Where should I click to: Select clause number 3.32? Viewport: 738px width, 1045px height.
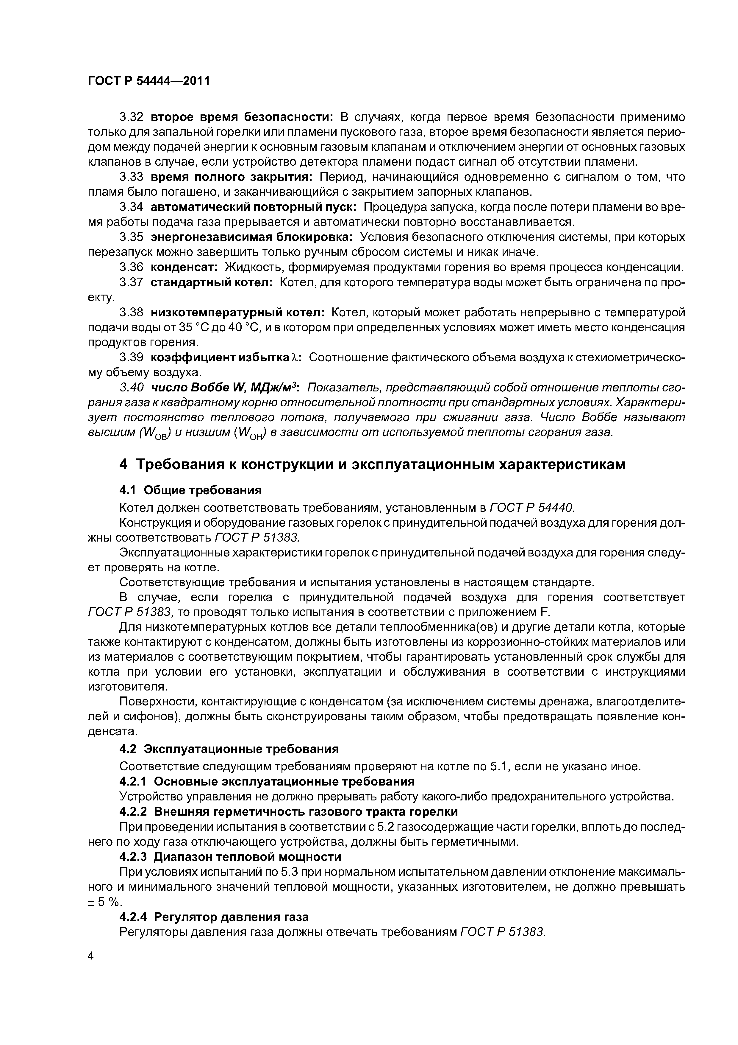pos(131,117)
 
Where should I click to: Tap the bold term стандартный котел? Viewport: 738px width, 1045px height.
pos(212,282)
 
